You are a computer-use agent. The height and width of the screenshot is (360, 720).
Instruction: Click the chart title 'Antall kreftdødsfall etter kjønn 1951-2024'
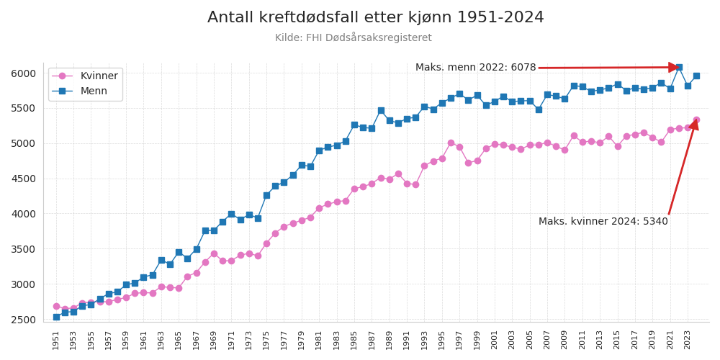(375, 18)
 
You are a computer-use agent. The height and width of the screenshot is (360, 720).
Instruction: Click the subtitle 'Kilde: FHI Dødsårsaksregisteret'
(354, 38)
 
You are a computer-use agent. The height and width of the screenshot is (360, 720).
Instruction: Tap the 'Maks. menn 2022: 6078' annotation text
(475, 68)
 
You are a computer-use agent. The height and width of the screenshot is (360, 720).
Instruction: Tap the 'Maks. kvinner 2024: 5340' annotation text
(603, 222)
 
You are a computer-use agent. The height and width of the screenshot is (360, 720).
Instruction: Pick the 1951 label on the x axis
(56, 340)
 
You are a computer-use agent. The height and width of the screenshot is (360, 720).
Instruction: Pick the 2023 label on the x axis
(688, 340)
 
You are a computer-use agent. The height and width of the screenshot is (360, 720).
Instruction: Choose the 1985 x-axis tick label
(354, 340)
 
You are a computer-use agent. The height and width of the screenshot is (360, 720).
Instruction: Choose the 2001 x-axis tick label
(495, 340)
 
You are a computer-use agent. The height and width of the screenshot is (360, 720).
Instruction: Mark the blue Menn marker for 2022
(679, 68)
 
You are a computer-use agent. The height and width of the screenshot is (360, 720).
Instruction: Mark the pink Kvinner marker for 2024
(696, 120)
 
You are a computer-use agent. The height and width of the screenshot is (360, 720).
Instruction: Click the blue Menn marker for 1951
(56, 317)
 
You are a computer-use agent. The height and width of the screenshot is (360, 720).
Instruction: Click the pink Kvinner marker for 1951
(56, 306)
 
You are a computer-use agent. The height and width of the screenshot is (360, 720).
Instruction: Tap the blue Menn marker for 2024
(696, 76)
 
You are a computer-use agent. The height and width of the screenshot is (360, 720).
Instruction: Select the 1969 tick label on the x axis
(214, 340)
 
